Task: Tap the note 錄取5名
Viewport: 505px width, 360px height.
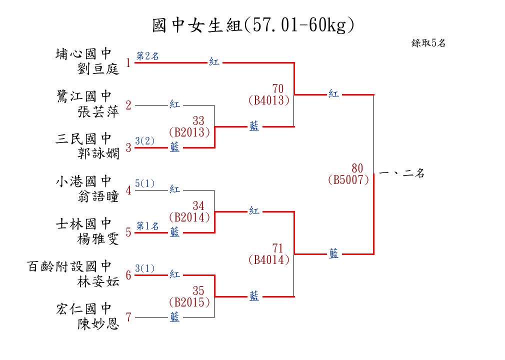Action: [x=428, y=43]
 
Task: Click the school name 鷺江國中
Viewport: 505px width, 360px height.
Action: [x=84, y=96]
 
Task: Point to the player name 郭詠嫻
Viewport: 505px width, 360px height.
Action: [x=98, y=153]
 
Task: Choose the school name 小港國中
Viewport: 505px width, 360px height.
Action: [x=84, y=181]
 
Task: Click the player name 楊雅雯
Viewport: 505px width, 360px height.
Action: [x=98, y=238]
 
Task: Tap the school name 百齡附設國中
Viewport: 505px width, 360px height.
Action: [x=69, y=266]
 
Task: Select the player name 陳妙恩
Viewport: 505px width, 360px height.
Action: [x=98, y=323]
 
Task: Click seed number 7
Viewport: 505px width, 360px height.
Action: [x=128, y=317]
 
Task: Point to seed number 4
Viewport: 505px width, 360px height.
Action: [x=128, y=190]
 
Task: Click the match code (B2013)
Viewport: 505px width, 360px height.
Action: [x=189, y=132]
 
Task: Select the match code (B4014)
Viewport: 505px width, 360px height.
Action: [x=269, y=259]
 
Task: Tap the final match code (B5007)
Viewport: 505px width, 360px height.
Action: [x=348, y=179]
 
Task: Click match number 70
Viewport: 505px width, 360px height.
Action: [x=278, y=89]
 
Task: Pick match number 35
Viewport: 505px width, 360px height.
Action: [x=198, y=291]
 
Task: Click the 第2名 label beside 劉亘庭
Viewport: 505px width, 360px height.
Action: [x=148, y=56]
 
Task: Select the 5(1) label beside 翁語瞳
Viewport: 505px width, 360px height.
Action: [x=145, y=183]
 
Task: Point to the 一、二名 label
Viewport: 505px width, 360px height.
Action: [x=402, y=173]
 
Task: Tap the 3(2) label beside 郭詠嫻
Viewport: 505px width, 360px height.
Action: [x=145, y=141]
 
